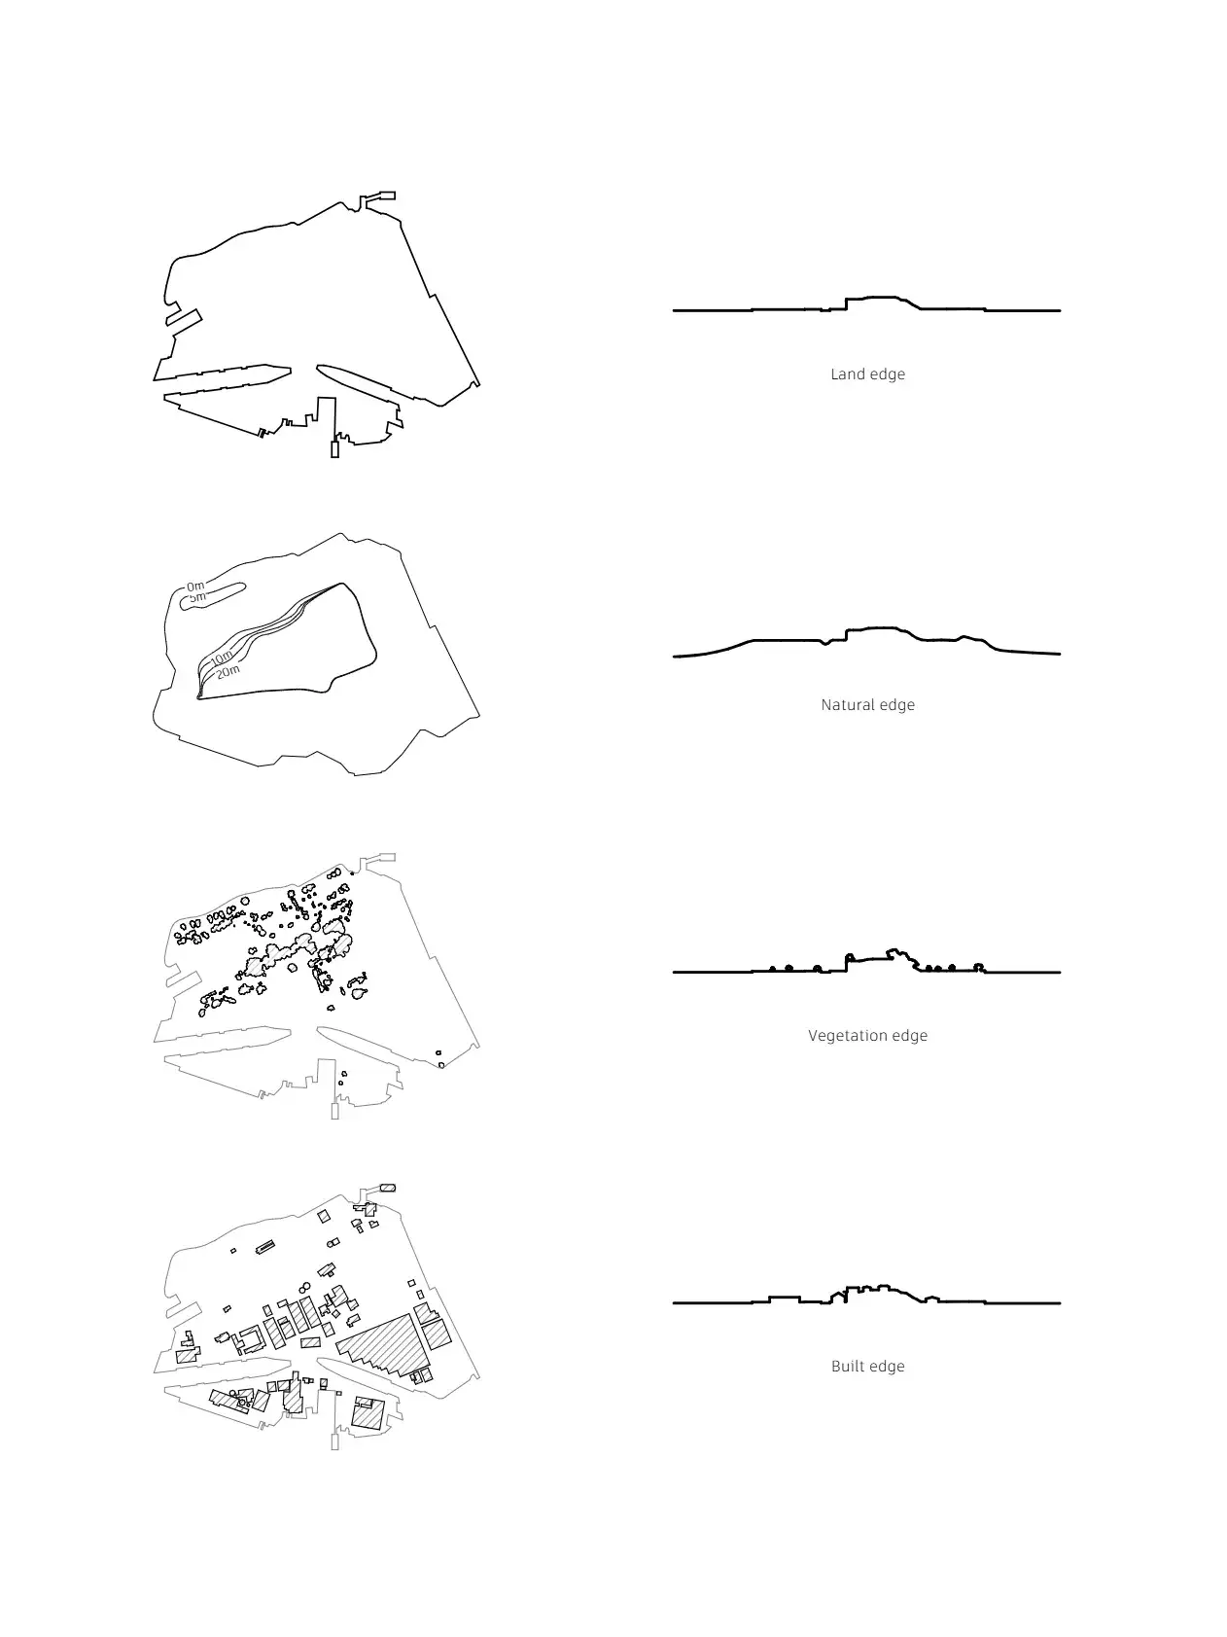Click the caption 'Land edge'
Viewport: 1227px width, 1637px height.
[867, 374]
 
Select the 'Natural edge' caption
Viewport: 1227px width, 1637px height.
[867, 705]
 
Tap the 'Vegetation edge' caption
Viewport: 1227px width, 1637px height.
[867, 1036]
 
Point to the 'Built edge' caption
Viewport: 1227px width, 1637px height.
[867, 1367]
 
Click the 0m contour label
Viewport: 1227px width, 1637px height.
[195, 587]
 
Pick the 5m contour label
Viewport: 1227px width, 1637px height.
[197, 597]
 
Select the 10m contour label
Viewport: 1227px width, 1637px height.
[221, 659]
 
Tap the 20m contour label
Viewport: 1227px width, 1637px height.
[228, 671]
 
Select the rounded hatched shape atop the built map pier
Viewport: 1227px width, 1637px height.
[387, 1188]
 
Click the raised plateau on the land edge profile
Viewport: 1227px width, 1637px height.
[879, 298]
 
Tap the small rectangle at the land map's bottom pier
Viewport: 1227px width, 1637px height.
[334, 449]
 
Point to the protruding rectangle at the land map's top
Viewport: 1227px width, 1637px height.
[381, 197]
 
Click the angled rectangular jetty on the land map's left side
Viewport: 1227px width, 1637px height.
[184, 317]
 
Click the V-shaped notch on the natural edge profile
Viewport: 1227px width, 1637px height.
[825, 642]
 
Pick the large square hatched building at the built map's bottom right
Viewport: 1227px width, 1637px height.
[367, 1413]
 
